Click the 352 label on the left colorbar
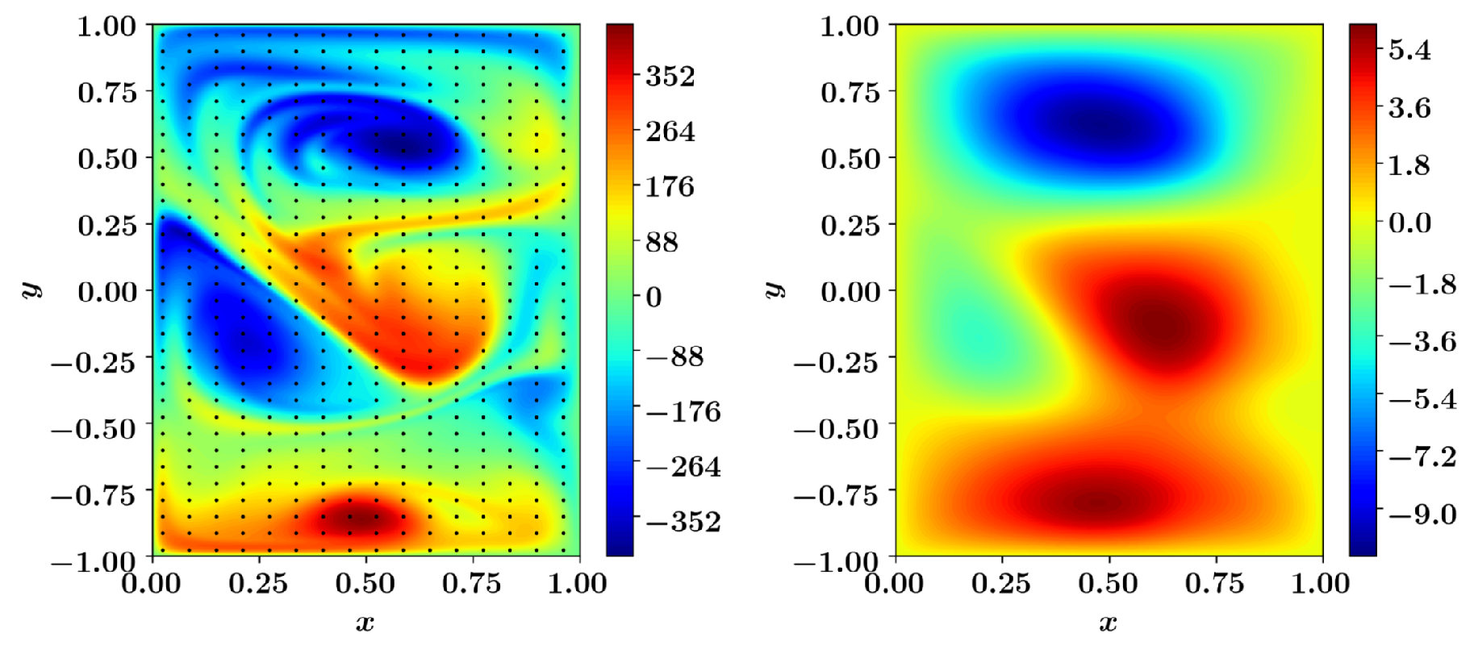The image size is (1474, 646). [x=670, y=77]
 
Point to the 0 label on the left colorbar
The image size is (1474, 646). [x=653, y=298]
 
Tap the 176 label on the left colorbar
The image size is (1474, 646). [x=670, y=187]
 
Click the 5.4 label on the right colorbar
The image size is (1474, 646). [x=1409, y=50]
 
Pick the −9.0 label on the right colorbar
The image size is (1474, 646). [x=1422, y=515]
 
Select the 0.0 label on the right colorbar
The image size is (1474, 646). [x=1409, y=223]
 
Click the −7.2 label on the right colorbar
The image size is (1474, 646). [x=1422, y=457]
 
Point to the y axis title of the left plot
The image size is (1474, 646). [x=31, y=290]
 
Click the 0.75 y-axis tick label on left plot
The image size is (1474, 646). [x=106, y=92]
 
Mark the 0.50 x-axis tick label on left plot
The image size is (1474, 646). [x=365, y=583]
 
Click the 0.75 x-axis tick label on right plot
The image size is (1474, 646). [x=1215, y=583]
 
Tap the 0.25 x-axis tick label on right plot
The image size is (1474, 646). [x=1001, y=583]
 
